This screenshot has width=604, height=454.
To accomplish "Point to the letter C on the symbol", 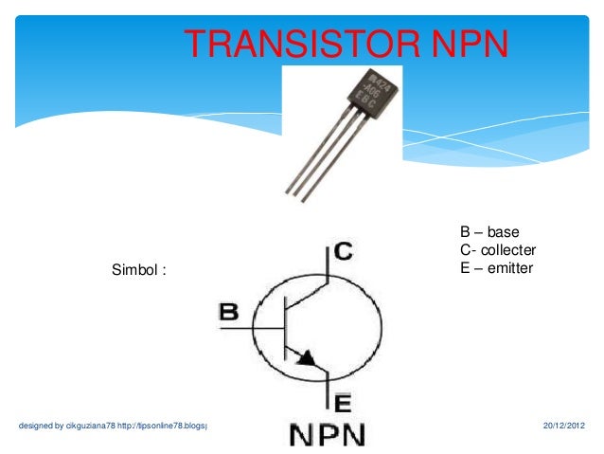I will point(344,251).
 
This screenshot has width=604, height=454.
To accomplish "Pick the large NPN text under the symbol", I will point(326,435).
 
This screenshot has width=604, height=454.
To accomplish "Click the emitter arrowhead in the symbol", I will point(306,357).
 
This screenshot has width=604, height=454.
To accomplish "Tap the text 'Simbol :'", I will point(140,269).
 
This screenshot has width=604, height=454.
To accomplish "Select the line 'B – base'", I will point(489,232).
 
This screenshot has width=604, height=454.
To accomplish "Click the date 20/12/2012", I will point(564,426).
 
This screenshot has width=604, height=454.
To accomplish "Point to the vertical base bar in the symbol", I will point(285,327).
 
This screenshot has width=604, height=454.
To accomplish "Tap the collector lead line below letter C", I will point(327,265).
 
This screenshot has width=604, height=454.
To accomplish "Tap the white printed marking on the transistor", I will point(383,92).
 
